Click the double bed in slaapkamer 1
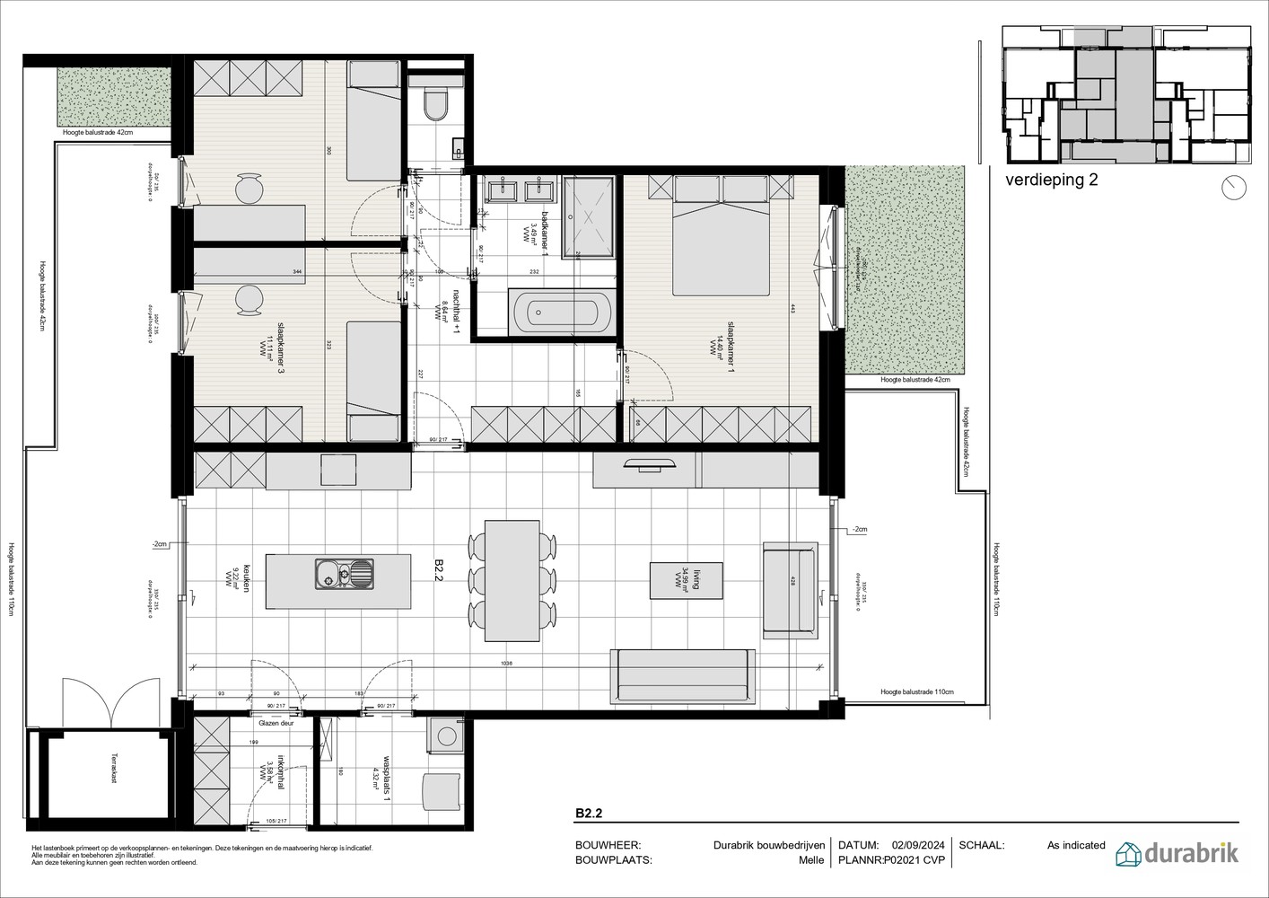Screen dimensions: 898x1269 point(722,237)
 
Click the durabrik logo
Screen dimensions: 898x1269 point(1177,853)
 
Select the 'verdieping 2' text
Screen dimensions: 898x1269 point(1051,179)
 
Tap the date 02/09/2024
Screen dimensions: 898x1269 point(918,845)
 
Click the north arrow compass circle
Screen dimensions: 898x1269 point(1235,187)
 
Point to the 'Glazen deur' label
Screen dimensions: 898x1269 point(276,721)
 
